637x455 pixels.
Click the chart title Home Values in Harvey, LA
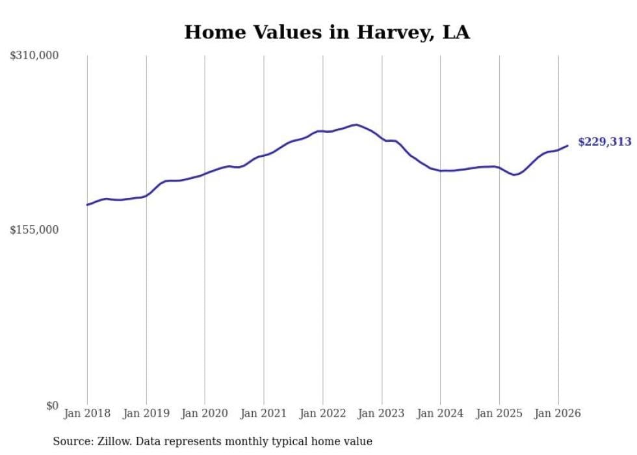pyautogui.click(x=326, y=33)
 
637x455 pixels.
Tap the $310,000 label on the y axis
pyautogui.click(x=34, y=56)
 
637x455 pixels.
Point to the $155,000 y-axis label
pyautogui.click(x=34, y=230)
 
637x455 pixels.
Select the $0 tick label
pyautogui.click(x=52, y=406)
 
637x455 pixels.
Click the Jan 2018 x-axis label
pyautogui.click(x=87, y=413)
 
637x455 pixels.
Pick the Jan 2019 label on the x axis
pyautogui.click(x=146, y=413)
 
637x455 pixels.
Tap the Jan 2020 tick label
pyautogui.click(x=205, y=413)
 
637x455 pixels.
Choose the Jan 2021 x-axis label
pyautogui.click(x=264, y=413)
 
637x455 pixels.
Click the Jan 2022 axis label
pyautogui.click(x=323, y=413)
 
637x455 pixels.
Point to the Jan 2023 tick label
pyautogui.click(x=382, y=413)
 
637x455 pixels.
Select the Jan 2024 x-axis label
pyautogui.click(x=441, y=413)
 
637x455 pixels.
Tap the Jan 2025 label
pyautogui.click(x=499, y=413)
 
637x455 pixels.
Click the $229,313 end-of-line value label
pyautogui.click(x=604, y=142)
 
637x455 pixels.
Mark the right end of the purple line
pyautogui.click(x=567, y=146)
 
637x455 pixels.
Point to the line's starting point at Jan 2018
pyautogui.click(x=87, y=205)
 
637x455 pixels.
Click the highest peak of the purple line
pyautogui.click(x=356, y=124)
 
